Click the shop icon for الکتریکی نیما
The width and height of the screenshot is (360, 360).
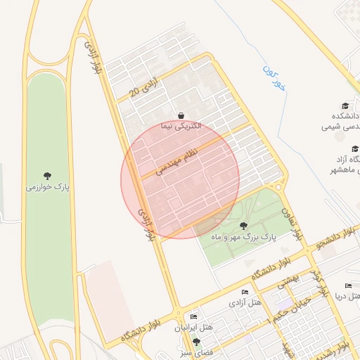point(181,115)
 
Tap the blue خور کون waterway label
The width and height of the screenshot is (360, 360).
point(275,78)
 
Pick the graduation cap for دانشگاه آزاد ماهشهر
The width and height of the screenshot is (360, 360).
point(355,148)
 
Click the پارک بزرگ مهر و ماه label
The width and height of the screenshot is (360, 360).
point(243,238)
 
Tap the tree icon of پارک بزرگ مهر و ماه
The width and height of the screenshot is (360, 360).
point(243,226)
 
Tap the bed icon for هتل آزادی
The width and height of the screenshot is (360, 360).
point(245,292)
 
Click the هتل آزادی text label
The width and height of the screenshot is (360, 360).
point(245,303)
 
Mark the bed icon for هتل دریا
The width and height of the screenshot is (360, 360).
point(346,286)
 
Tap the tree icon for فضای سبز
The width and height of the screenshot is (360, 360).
point(196,341)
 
